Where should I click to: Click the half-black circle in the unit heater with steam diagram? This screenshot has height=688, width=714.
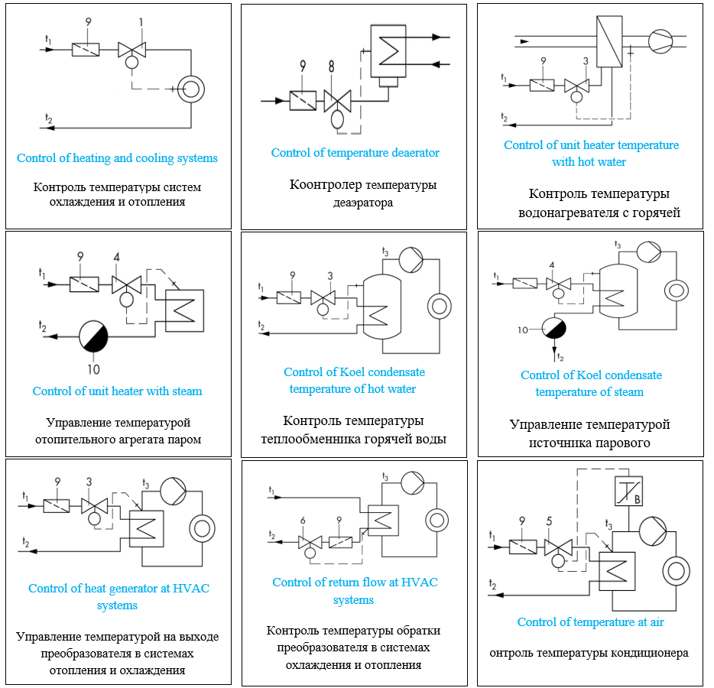[95, 335]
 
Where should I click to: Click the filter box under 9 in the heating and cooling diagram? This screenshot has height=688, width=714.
[86, 49]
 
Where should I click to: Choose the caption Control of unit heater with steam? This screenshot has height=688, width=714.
[117, 391]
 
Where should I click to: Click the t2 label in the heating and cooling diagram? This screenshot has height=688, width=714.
[48, 118]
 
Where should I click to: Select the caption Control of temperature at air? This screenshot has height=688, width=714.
[590, 622]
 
